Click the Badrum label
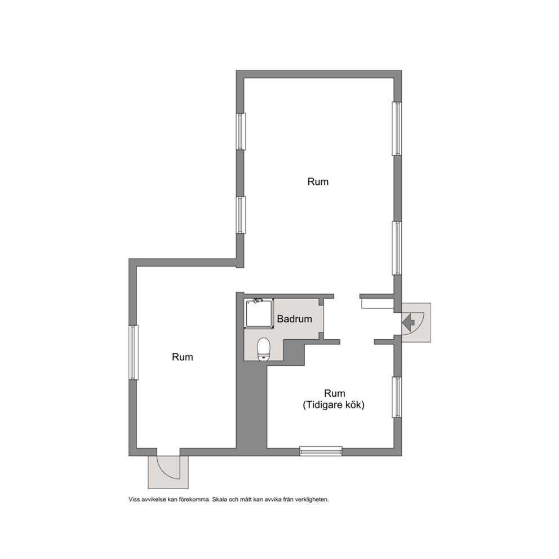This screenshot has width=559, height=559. tap(295, 319)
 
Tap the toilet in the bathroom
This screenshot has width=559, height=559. tap(264, 349)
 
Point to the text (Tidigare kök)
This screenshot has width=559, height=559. tap(334, 405)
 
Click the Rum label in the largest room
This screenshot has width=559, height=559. tap(318, 182)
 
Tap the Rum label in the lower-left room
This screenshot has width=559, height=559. tap(182, 357)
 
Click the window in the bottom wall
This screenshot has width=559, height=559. tap(321, 451)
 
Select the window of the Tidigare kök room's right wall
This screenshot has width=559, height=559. tap(397, 397)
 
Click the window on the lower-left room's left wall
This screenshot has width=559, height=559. tap(134, 352)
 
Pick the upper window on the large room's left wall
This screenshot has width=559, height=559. tap(241, 131)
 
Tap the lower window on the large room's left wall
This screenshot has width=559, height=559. tap(241, 215)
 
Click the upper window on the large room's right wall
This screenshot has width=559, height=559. tap(397, 128)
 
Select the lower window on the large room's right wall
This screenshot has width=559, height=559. tap(397, 248)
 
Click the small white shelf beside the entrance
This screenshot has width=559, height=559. tap(378, 303)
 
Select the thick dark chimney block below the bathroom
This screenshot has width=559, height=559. tap(252, 406)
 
